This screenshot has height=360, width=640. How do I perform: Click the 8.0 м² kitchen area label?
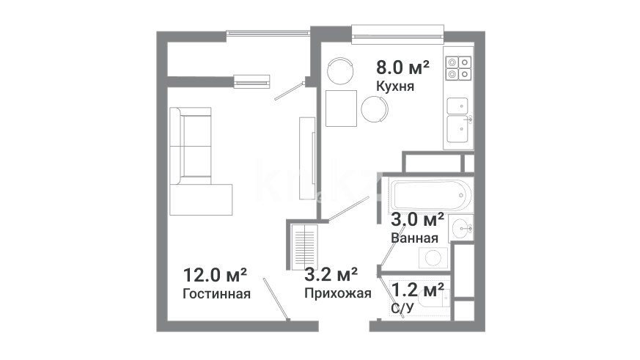(x=402, y=67)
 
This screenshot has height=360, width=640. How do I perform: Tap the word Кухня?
(x=395, y=87)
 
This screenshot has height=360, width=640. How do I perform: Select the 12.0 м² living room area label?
(x=215, y=275)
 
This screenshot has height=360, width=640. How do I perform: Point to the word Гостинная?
(x=216, y=294)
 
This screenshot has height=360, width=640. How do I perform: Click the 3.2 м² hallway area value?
(x=331, y=274)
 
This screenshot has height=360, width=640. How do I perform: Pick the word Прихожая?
(x=337, y=293)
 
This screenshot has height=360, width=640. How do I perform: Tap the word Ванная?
(x=415, y=238)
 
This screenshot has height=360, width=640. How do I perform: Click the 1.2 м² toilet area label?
(x=418, y=290)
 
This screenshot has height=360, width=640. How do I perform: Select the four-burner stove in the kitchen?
(x=459, y=68)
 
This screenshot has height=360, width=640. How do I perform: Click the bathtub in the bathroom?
(x=431, y=195)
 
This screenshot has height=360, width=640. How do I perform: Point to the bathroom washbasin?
(x=461, y=228)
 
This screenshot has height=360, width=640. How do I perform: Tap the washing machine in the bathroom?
(x=433, y=257)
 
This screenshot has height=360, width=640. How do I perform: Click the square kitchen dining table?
(x=341, y=109)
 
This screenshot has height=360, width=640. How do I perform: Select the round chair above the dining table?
(x=340, y=70)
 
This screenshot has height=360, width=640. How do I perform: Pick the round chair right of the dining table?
(x=375, y=109)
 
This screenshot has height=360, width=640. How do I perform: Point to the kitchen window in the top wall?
(x=397, y=34)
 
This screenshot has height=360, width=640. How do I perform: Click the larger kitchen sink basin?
(x=457, y=129)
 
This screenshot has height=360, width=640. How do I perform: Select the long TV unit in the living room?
(x=307, y=158)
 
